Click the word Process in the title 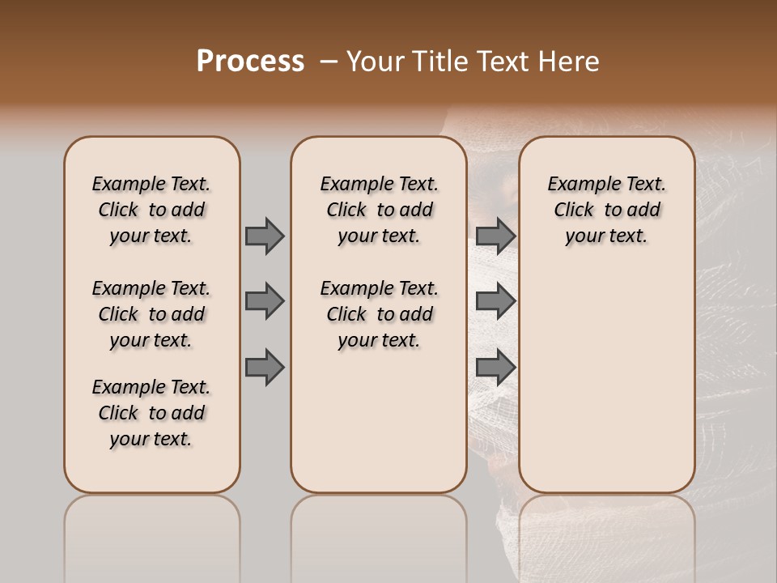(x=250, y=62)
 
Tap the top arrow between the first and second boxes (x=264, y=236)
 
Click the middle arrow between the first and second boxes (x=264, y=301)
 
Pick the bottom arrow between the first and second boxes (x=264, y=368)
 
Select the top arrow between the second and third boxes (x=495, y=236)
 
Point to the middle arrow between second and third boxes (x=495, y=301)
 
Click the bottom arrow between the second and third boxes (x=495, y=368)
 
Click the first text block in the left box (x=151, y=210)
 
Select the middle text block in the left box (x=151, y=314)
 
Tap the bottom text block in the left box (x=151, y=413)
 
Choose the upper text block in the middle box (x=379, y=210)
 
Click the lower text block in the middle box (x=379, y=314)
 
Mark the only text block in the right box (x=606, y=210)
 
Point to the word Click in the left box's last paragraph (x=118, y=413)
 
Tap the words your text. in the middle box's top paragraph (x=379, y=236)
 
